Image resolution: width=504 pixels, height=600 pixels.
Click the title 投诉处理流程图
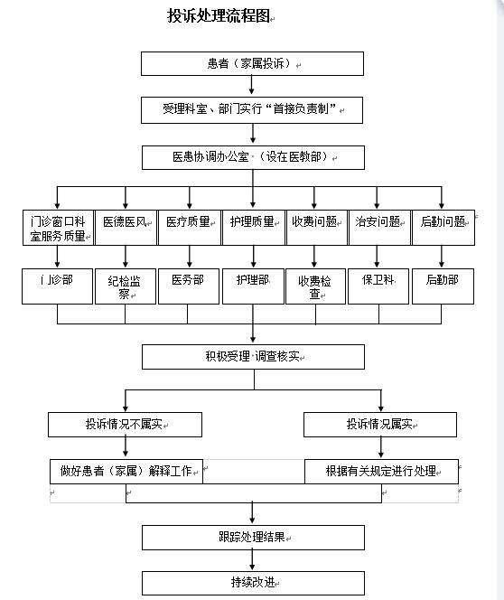[220, 16]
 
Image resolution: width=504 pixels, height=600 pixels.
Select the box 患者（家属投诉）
[252, 63]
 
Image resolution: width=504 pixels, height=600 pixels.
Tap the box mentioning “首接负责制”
[252, 110]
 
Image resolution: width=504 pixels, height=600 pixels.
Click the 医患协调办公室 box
[252, 157]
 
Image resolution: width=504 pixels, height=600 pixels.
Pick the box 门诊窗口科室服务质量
[58, 228]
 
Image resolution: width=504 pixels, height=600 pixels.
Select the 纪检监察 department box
[125, 286]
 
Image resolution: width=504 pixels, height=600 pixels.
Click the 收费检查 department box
[315, 286]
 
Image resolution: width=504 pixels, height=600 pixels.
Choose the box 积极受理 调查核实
[253, 357]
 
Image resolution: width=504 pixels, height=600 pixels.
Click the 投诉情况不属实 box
[125, 424]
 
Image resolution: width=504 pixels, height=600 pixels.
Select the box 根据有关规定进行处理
[380, 471]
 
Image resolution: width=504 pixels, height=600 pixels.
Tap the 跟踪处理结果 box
[253, 537]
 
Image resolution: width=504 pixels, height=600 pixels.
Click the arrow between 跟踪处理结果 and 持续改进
[253, 560]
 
